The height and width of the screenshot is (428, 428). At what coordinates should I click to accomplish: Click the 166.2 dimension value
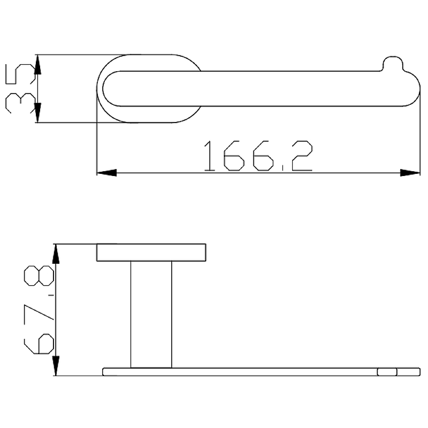[x=258, y=156]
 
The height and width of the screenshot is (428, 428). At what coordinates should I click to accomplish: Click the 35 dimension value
[x=20, y=88]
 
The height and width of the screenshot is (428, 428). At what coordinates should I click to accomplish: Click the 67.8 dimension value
[x=39, y=310]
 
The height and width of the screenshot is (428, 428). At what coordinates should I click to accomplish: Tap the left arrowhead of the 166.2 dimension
[x=106, y=173]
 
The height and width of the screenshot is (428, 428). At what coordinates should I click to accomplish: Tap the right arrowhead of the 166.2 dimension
[x=410, y=173]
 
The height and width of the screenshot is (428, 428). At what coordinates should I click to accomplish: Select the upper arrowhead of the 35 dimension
[x=37, y=65]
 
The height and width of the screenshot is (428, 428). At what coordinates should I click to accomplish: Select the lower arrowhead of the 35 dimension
[x=37, y=113]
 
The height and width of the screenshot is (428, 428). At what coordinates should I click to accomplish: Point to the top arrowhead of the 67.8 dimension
[x=56, y=254]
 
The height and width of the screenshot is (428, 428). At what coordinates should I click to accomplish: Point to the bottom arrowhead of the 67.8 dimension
[x=56, y=366]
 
